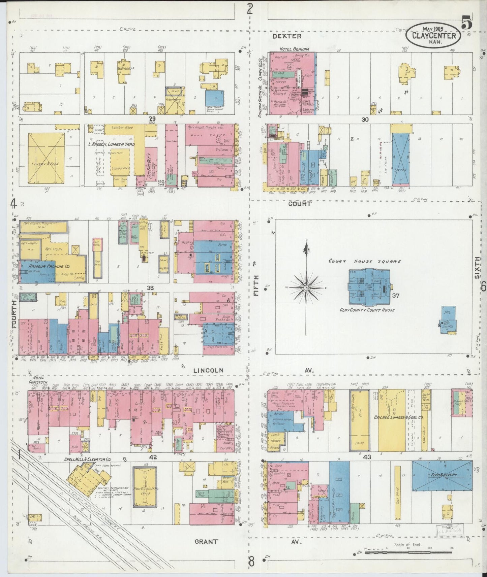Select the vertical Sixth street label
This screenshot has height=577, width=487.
pos(477,267)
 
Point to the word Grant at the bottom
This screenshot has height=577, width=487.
pos(207,542)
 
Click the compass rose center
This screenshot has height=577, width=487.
pos(306,288)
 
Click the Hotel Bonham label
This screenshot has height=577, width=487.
pos(295,49)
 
